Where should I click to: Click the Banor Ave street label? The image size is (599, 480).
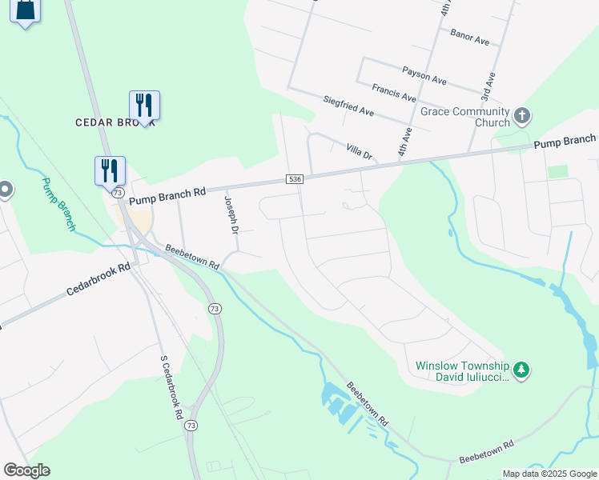(470, 37)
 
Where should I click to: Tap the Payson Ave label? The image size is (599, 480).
(424, 75)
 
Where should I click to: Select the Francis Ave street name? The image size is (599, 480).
(394, 92)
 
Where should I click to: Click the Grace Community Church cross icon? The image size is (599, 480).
(521, 116)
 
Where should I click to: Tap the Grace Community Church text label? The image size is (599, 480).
(459, 117)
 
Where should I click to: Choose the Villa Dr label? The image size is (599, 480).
(360, 150)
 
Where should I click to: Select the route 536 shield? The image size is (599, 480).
(295, 180)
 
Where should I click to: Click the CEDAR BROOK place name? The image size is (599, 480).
(112, 122)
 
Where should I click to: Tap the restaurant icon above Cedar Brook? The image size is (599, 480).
(144, 105)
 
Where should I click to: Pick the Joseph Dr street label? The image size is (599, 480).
(231, 215)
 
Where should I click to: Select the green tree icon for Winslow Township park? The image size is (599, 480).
(521, 369)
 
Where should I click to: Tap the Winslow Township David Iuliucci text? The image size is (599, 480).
(462, 372)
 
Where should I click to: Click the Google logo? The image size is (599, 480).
(26, 470)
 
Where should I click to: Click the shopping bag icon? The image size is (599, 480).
(26, 11)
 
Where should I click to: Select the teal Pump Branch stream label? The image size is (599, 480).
(58, 205)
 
